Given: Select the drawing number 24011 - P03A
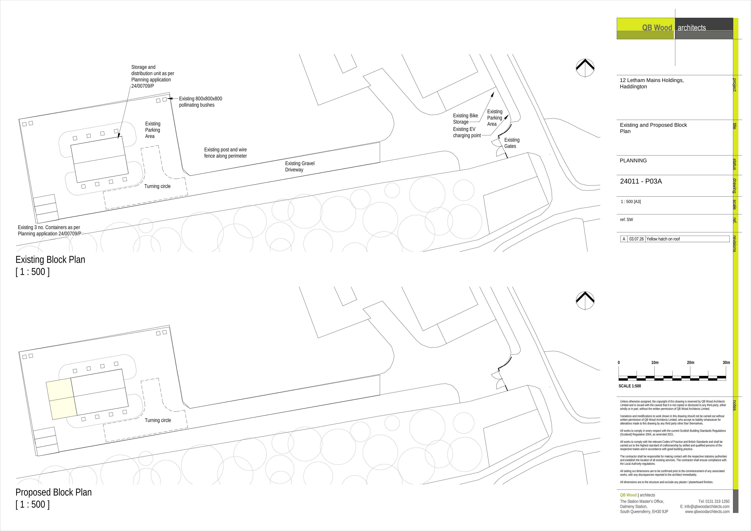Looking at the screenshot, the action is click(x=641, y=181).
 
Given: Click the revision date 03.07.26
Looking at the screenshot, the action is click(x=637, y=239).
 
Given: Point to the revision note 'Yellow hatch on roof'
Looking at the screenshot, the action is click(x=663, y=239).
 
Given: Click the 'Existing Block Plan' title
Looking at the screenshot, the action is click(x=50, y=260).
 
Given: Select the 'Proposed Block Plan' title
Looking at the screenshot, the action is click(x=54, y=492).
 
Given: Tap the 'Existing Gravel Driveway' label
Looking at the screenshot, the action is click(x=300, y=166).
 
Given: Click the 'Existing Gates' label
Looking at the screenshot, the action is click(x=512, y=143).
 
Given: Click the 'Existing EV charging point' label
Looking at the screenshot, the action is click(x=467, y=132).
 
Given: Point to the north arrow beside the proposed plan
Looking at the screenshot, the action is click(x=585, y=300).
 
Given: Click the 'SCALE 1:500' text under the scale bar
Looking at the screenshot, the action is click(x=630, y=386).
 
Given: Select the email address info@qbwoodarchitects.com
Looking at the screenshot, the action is click(x=705, y=506).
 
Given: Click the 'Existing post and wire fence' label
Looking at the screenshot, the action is click(x=225, y=153).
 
